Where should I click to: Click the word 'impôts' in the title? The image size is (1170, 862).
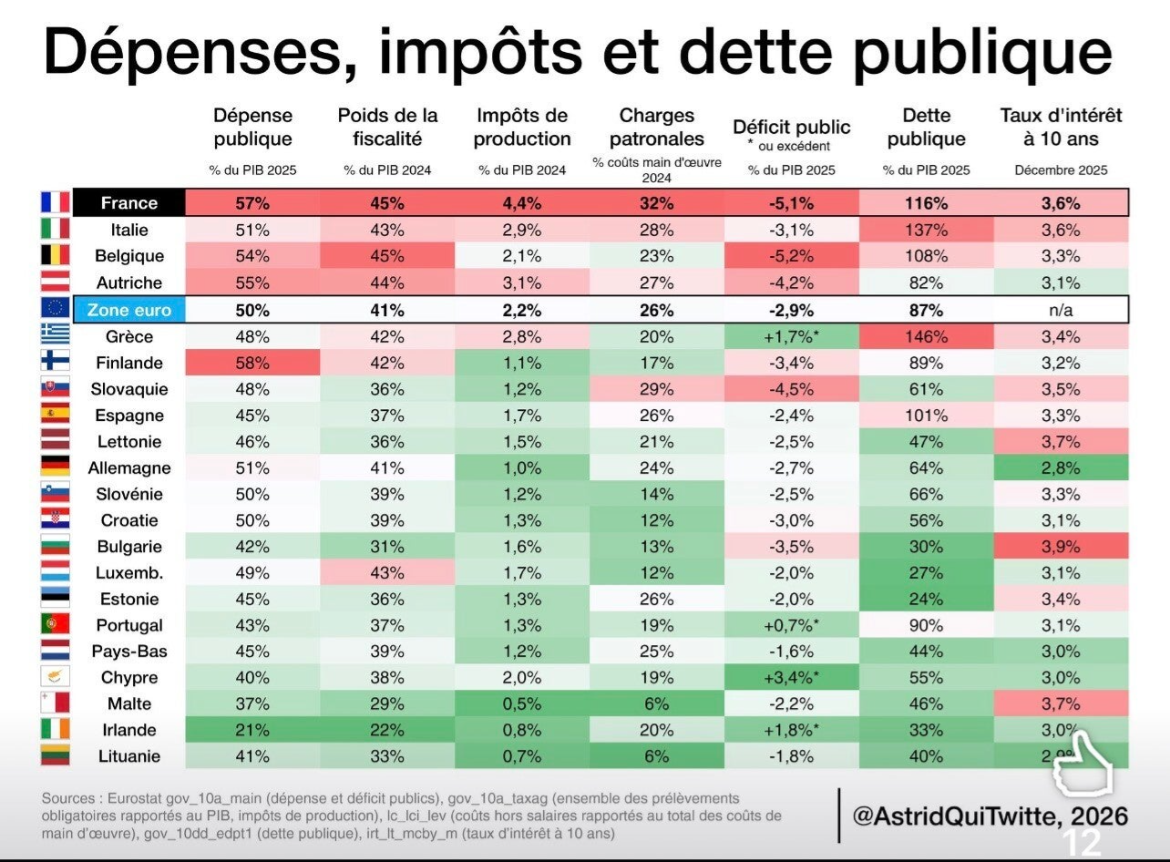click(480, 54)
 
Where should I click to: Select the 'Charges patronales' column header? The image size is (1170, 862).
click(657, 127)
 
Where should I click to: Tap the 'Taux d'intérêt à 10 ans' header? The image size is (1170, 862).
click(1061, 127)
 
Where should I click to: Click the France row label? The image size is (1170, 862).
click(129, 202)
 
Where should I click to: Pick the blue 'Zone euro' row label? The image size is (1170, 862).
click(129, 310)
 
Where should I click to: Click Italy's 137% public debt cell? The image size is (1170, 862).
click(926, 230)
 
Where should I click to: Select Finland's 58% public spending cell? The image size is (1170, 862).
click(252, 363)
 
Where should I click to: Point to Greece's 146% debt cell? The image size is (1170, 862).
click(926, 336)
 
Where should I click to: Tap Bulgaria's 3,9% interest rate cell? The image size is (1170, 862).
click(1061, 547)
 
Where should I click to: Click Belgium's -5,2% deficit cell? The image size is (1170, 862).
click(791, 256)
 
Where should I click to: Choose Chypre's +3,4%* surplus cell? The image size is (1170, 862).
click(791, 678)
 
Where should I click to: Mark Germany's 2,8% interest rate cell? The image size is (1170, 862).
click(1061, 467)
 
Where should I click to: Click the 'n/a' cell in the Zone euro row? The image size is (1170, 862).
click(1061, 311)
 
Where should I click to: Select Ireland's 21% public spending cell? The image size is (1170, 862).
click(252, 730)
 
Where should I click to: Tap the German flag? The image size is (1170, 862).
click(55, 466)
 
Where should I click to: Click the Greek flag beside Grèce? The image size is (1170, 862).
click(55, 334)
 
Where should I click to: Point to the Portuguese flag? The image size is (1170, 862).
click(55, 624)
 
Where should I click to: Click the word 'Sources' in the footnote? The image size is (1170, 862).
click(68, 798)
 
